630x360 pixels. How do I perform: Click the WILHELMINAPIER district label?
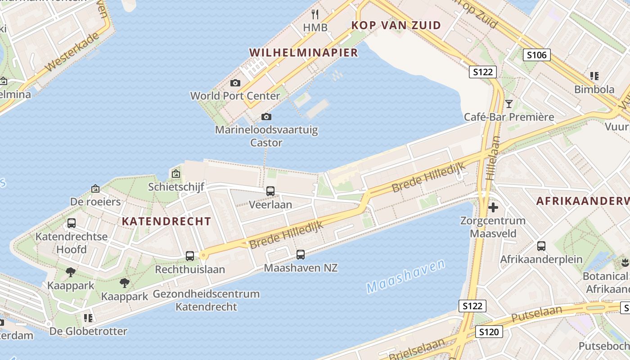(x=303, y=53)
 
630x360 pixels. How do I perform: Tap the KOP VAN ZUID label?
(x=396, y=25)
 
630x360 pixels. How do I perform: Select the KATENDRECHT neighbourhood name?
(x=166, y=221)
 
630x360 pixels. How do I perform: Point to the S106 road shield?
(x=537, y=55)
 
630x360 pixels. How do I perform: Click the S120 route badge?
(x=489, y=332)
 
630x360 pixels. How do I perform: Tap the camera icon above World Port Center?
(x=235, y=83)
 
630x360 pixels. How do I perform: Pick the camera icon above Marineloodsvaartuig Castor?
(x=266, y=117)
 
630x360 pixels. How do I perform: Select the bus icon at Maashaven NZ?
(x=301, y=255)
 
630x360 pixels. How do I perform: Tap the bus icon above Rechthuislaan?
(x=190, y=256)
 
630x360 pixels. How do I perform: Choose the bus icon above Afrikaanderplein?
(x=541, y=246)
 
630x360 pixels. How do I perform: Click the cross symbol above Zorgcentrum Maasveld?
(x=493, y=207)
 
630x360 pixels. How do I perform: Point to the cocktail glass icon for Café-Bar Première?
(x=509, y=104)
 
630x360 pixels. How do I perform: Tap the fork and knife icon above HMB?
(x=315, y=14)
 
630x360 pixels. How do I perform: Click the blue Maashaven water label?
(x=405, y=276)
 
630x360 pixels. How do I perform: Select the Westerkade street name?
(x=72, y=53)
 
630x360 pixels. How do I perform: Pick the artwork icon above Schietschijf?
(x=175, y=174)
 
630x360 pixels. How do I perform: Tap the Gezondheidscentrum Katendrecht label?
(x=206, y=300)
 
